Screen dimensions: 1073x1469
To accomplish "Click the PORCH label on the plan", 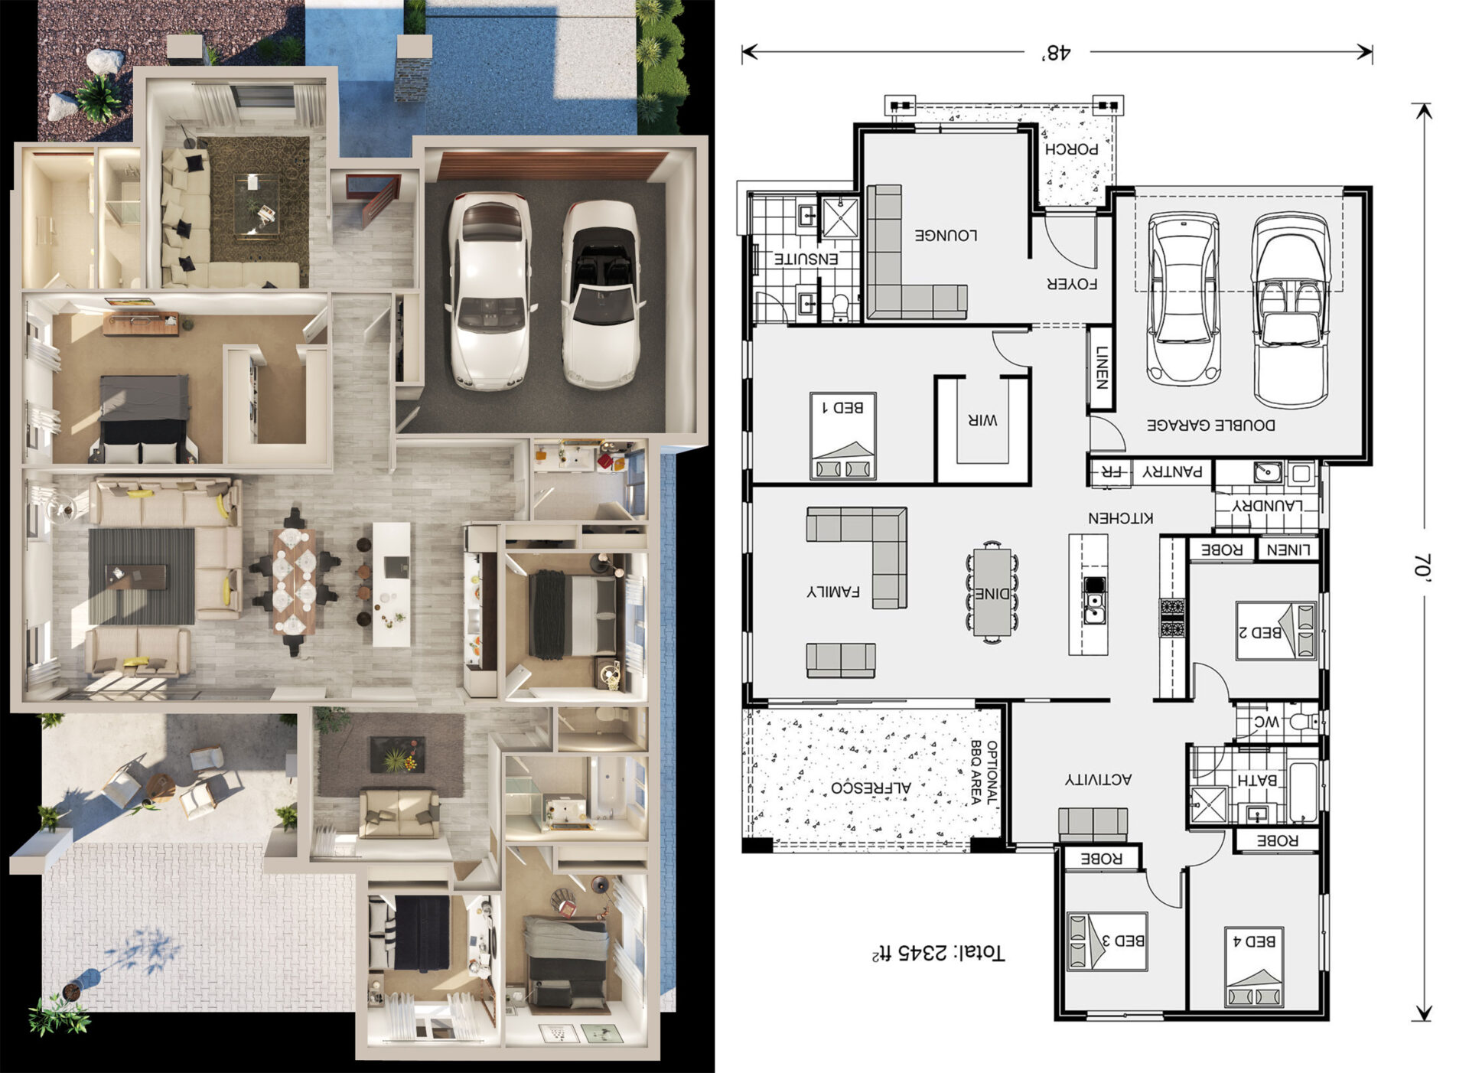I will click(1071, 149).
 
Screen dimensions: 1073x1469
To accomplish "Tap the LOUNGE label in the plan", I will click(946, 235).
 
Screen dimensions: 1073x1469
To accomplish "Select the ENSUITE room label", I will click(806, 259).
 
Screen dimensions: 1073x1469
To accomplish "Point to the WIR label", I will click(982, 419).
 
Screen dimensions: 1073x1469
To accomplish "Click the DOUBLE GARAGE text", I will click(1210, 425).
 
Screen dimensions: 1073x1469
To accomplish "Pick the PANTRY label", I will click(1172, 472).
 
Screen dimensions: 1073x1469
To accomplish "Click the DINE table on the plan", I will click(992, 593).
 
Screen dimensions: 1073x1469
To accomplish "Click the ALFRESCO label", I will click(871, 788).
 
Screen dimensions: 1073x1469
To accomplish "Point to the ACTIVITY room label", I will click(1098, 779).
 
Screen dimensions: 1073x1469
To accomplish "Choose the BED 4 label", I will click(1254, 941).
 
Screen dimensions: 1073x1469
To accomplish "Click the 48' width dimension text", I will click(1056, 53).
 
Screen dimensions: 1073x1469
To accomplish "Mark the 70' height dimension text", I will click(1422, 567).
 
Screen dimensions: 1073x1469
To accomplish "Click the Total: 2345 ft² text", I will click(938, 953).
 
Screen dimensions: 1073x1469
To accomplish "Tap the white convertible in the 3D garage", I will click(602, 295).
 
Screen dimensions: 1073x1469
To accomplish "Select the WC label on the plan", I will click(1266, 722).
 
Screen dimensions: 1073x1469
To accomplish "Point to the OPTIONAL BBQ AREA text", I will click(984, 772).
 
